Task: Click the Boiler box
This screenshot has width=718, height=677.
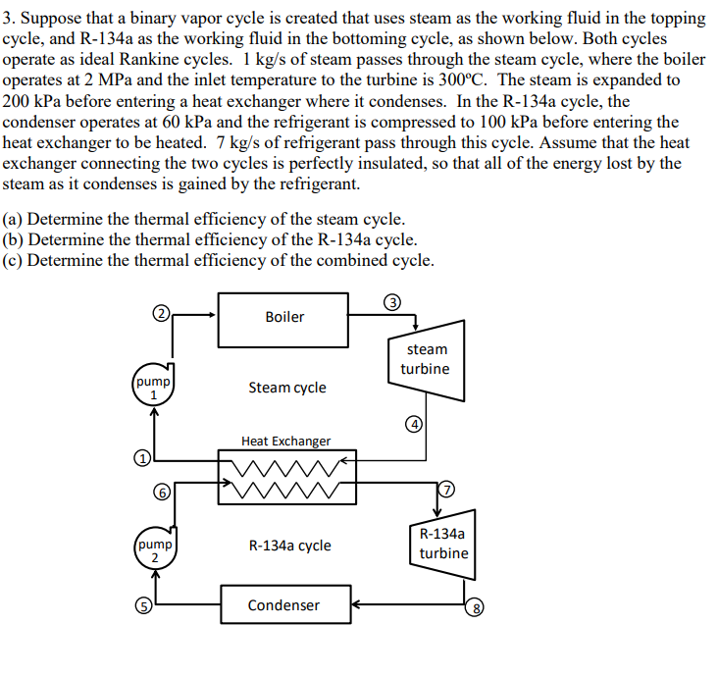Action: point(283,318)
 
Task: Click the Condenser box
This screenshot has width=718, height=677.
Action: point(282,605)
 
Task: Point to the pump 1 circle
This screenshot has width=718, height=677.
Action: point(153,387)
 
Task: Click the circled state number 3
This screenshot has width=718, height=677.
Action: point(391,301)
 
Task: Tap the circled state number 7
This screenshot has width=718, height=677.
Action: point(447,489)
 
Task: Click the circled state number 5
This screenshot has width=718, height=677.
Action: point(141,605)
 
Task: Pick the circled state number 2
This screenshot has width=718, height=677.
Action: point(162,314)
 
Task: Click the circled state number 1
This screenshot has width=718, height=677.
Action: point(142,458)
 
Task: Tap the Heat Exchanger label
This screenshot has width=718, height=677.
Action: point(285,442)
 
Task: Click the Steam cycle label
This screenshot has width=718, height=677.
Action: point(287,388)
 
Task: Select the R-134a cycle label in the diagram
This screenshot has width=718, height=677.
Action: point(290,546)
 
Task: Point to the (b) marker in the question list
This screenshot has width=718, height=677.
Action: point(14,239)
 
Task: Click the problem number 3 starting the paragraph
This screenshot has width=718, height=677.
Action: point(8,19)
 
